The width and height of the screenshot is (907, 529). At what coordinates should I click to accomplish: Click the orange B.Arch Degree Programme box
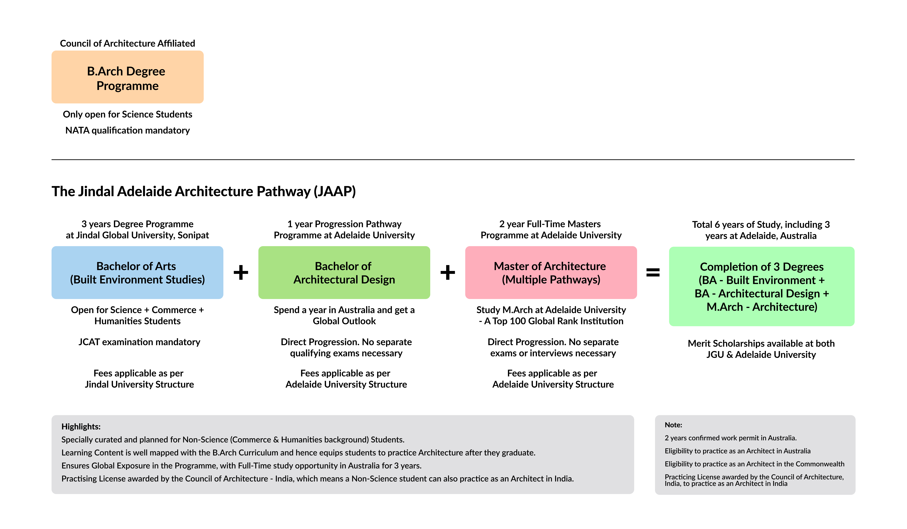tap(127, 77)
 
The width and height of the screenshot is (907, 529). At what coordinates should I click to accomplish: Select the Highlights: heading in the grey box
tap(81, 427)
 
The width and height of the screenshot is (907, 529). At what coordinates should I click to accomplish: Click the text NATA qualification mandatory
tap(127, 130)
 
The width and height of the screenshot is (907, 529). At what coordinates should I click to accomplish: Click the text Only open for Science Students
tap(127, 114)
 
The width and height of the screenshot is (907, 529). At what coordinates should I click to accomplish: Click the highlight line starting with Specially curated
tap(233, 439)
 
